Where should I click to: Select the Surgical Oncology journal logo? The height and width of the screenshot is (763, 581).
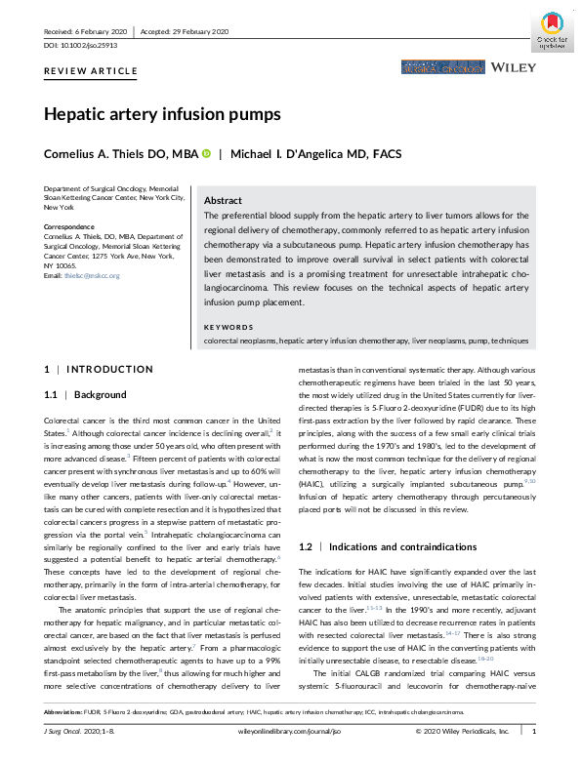(x=439, y=68)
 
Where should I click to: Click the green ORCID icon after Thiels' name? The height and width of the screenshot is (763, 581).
(x=206, y=154)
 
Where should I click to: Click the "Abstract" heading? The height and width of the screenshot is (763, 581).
(x=223, y=198)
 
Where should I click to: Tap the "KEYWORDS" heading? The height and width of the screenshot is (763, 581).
(x=229, y=326)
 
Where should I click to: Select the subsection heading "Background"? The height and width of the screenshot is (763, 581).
(x=101, y=394)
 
